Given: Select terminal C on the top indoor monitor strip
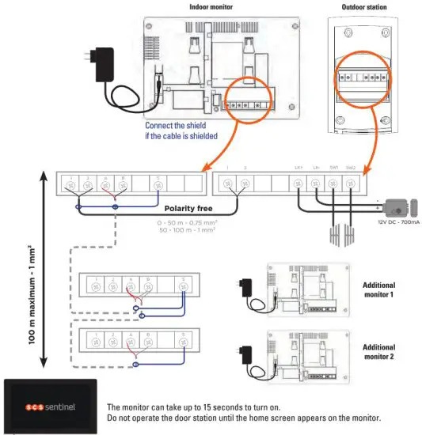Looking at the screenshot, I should point(158,183).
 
